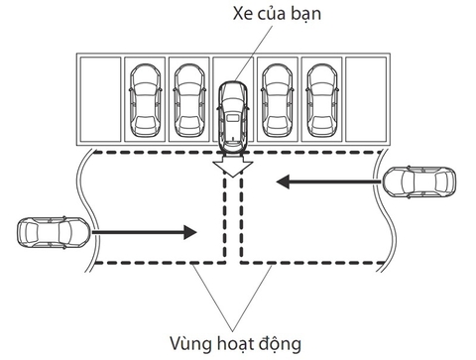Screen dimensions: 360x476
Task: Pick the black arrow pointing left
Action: (x=326, y=181)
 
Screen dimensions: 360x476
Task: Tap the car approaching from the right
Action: (x=420, y=182)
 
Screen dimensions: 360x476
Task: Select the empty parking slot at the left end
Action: (x=99, y=98)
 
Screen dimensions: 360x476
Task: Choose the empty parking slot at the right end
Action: (x=366, y=98)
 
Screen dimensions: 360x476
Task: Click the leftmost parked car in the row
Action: (x=145, y=99)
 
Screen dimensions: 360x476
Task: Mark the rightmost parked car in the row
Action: (x=321, y=99)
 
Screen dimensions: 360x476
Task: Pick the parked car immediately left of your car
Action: (x=188, y=99)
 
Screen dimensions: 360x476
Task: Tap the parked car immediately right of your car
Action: (x=277, y=99)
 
